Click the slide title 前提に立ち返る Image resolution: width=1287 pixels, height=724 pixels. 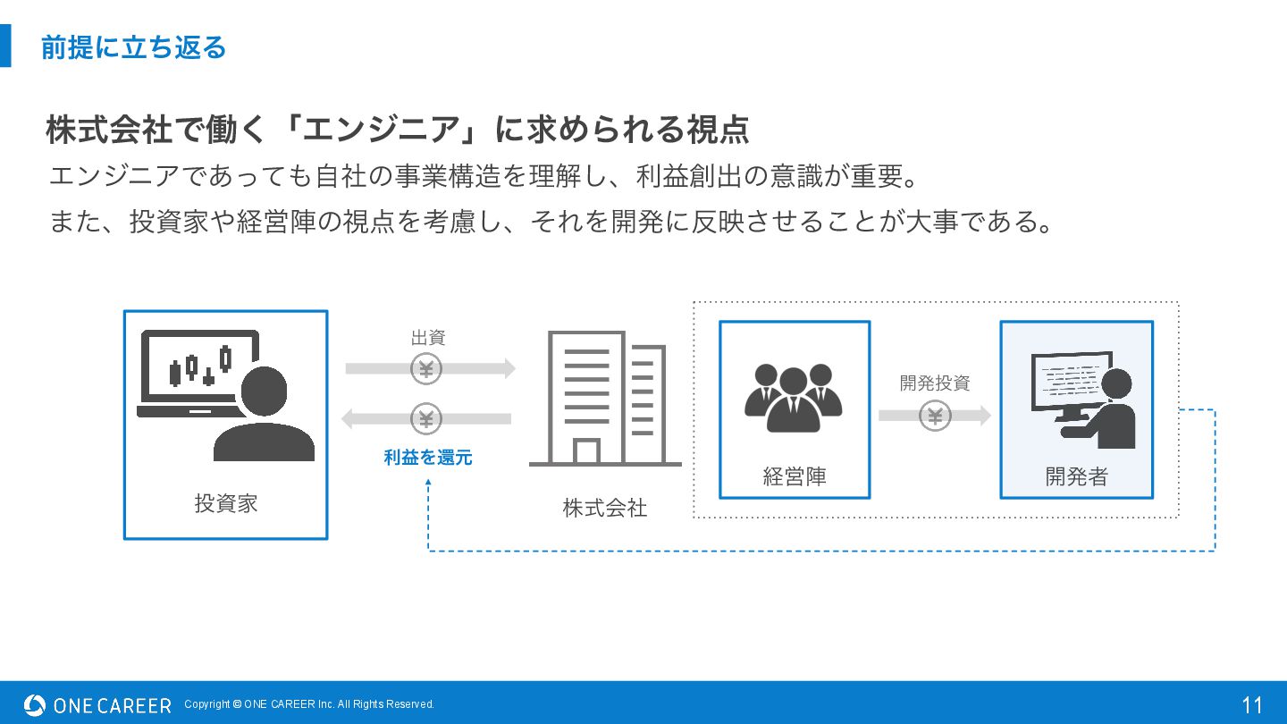tap(133, 47)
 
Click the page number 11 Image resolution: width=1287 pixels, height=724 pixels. tap(1252, 705)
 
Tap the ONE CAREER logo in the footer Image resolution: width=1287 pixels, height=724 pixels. tap(97, 705)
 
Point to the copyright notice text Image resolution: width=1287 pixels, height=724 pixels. tap(309, 704)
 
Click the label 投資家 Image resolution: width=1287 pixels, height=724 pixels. tap(226, 503)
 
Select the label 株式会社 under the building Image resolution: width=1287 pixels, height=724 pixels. tap(605, 508)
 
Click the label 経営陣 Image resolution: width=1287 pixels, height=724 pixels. tap(795, 476)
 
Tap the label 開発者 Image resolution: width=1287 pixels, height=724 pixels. tap(1076, 476)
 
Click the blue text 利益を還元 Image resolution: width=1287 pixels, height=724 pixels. tap(428, 458)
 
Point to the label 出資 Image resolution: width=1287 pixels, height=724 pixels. tap(428, 338)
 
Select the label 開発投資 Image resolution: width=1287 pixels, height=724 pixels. tap(935, 383)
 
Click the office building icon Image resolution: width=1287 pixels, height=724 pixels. tap(605, 399)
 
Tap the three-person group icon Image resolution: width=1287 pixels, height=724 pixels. tap(794, 397)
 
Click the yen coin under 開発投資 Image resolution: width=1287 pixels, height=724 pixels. tap(935, 416)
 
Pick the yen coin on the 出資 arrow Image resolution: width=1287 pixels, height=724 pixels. tap(426, 368)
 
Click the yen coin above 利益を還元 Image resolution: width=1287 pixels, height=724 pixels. tap(426, 418)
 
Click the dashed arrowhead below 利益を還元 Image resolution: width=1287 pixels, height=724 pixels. tap(428, 483)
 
